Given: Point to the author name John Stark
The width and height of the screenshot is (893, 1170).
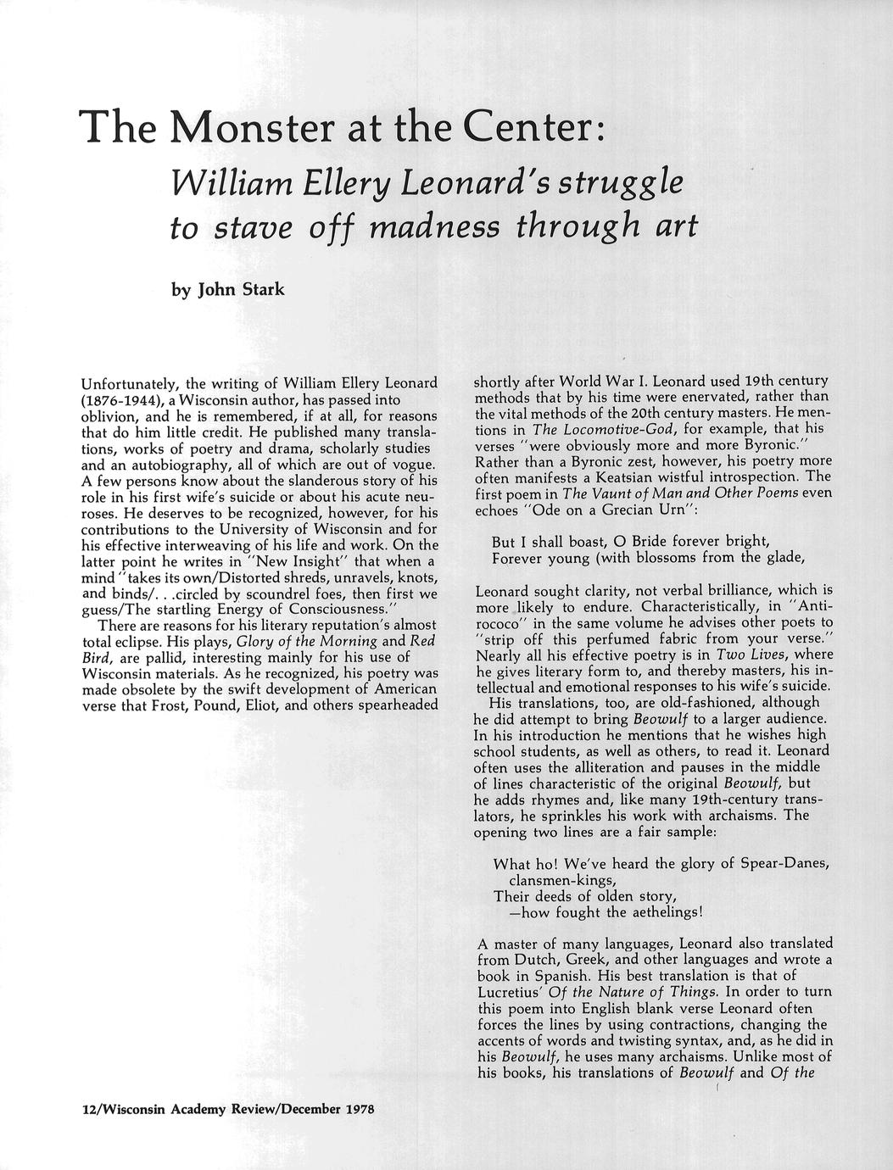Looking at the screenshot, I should click(x=241, y=290).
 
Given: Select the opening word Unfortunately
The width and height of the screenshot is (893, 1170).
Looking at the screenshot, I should click(x=131, y=383).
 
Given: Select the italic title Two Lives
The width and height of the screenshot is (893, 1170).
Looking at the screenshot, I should click(x=762, y=655).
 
